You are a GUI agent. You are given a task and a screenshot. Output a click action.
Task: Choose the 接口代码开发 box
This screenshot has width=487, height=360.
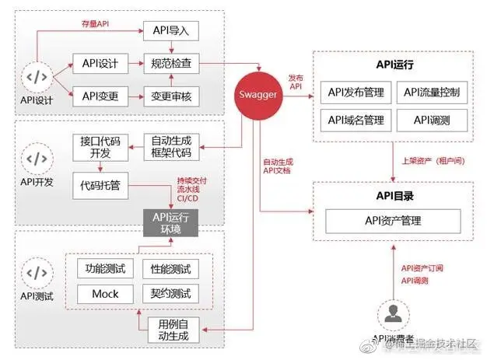(100, 148)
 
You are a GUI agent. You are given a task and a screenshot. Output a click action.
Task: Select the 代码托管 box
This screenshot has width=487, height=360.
(100, 188)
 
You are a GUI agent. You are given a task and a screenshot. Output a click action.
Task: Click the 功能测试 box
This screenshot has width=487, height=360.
(106, 269)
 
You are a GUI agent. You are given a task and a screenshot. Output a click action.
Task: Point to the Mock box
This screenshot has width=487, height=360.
(106, 294)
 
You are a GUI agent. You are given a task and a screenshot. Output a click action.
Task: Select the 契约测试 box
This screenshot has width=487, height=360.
(170, 294)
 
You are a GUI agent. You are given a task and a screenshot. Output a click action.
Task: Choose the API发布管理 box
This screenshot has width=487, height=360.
(356, 93)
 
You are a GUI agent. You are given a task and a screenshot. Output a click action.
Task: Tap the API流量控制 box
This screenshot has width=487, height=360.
(432, 93)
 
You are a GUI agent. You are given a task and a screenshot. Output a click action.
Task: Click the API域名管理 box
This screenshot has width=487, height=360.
(356, 120)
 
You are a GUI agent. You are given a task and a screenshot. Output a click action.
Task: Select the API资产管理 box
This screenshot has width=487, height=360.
(393, 221)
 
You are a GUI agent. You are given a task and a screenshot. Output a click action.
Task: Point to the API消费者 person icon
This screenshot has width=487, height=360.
(393, 316)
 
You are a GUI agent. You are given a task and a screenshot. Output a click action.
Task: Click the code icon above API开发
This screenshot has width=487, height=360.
(37, 159)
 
